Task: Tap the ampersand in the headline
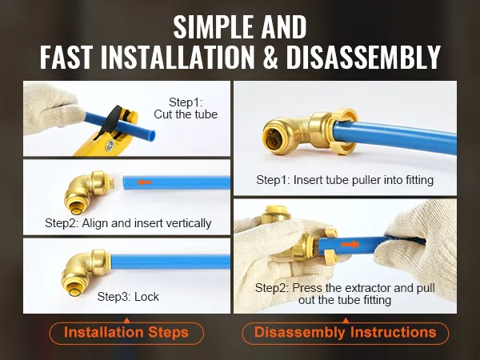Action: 270,57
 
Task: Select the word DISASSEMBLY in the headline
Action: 363,57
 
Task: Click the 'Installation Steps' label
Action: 126,333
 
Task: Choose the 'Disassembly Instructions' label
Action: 346,333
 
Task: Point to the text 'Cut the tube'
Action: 186,114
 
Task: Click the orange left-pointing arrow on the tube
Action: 145,182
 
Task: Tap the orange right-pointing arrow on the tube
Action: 350,244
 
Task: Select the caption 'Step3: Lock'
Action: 128,297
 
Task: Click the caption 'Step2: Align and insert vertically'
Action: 128,223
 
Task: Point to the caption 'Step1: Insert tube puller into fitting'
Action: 345,180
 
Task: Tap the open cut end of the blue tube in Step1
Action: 151,134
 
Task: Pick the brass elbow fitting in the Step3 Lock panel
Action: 86,272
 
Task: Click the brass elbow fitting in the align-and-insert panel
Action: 89,193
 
